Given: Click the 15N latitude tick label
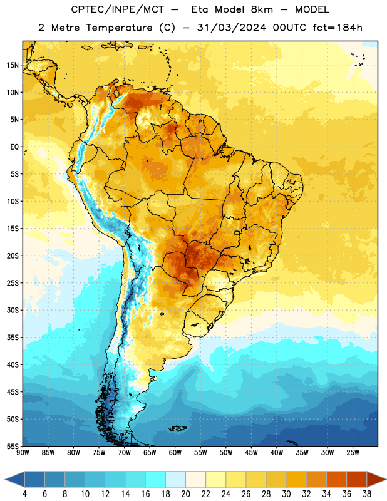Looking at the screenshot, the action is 13,65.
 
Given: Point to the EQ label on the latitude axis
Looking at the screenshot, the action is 14,147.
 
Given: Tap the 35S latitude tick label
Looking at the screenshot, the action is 13,338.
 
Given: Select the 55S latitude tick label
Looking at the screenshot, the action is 13,446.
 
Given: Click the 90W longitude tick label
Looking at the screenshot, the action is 23,453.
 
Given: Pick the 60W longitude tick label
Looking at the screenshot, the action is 175,453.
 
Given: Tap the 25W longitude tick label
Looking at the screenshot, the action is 353,453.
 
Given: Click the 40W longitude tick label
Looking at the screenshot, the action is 277,453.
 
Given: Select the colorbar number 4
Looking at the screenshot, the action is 24,494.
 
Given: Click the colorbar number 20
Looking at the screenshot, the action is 185,494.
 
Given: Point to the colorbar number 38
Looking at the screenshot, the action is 367,494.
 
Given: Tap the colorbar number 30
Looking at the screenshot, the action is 286,494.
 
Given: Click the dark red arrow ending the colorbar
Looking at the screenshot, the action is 376,480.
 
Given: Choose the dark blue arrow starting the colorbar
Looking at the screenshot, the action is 15,480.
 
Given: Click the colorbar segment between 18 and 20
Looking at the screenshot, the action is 176,480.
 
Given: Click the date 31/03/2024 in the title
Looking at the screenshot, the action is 231,28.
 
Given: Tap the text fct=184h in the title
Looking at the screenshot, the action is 338,28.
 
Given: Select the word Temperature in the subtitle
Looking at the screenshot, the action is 119,28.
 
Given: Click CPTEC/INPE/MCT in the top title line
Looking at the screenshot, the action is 117,9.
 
